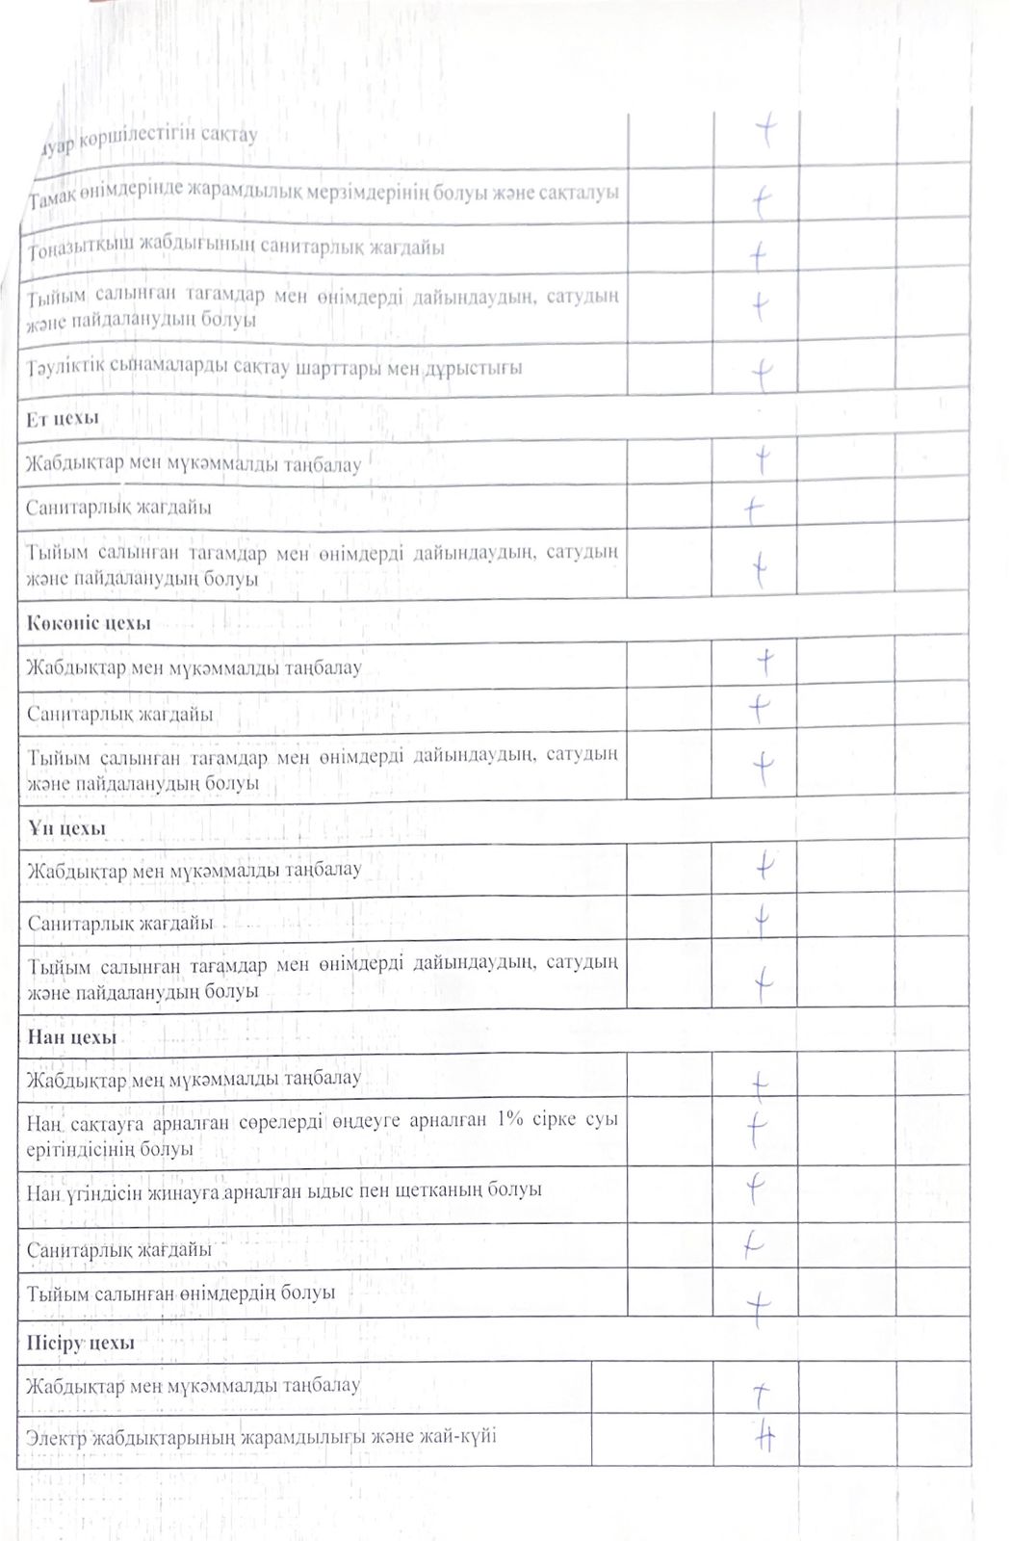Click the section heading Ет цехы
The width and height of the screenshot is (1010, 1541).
pyautogui.click(x=63, y=418)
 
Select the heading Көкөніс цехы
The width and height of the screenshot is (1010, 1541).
pyautogui.click(x=89, y=623)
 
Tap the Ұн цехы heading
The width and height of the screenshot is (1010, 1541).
pyautogui.click(x=66, y=828)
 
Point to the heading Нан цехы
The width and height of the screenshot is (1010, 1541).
pyautogui.click(x=71, y=1037)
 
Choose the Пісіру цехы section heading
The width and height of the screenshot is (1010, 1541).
pyautogui.click(x=81, y=1343)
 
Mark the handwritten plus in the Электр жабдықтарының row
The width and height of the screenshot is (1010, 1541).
pyautogui.click(x=764, y=1438)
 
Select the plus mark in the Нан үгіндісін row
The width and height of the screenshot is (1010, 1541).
pyautogui.click(x=756, y=1189)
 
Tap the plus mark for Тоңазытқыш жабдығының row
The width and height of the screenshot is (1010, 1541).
pyautogui.click(x=759, y=255)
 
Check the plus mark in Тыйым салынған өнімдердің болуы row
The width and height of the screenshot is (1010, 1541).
pyautogui.click(x=759, y=1306)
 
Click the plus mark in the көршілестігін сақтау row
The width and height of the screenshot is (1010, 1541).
pyautogui.click(x=767, y=129)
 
